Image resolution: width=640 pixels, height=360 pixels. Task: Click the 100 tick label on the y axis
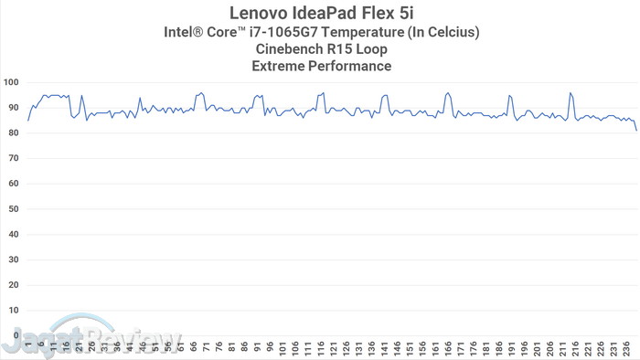pos(11,82)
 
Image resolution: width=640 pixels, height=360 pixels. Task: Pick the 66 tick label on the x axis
pos(194,348)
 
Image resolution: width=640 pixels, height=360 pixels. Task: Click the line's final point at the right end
pos(637,131)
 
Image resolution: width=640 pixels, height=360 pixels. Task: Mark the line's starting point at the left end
pos(27,121)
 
